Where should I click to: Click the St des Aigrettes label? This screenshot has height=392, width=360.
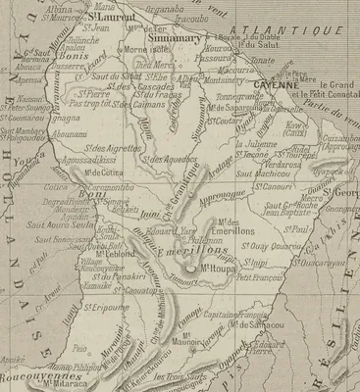(110, 148)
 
